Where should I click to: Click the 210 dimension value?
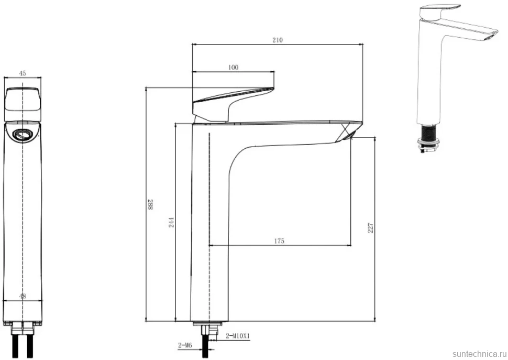click(278, 40)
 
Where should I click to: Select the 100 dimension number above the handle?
click(233, 67)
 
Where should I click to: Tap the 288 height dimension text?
click(150, 205)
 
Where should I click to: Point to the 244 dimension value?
click(171, 222)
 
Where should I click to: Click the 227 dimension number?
click(371, 228)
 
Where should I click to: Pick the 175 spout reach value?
click(279, 241)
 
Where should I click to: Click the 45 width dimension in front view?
click(23, 73)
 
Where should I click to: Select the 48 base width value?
click(23, 296)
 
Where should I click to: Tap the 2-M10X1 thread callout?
click(238, 336)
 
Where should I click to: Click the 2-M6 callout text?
click(185, 345)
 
